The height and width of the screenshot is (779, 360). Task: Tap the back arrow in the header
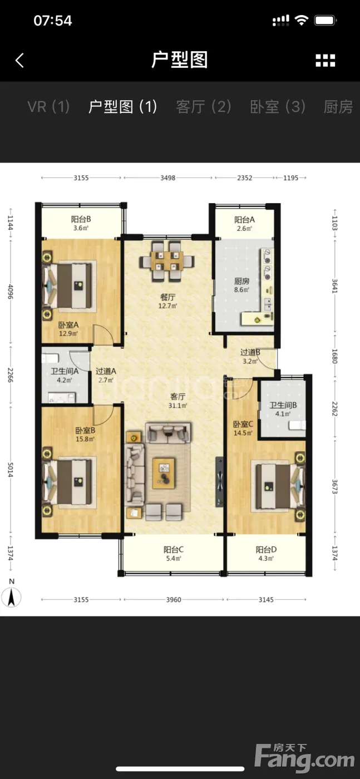(20, 60)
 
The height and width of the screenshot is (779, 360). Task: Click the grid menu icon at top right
(325, 61)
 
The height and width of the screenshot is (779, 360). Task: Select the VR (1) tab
(48, 106)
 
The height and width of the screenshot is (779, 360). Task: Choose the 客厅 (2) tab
(204, 106)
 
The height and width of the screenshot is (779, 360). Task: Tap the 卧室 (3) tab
(278, 106)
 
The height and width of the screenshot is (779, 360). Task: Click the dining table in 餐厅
(167, 261)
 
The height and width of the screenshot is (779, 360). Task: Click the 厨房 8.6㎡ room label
(241, 285)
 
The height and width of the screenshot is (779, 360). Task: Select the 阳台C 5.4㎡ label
(173, 554)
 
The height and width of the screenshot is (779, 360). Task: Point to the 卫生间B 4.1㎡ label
(283, 409)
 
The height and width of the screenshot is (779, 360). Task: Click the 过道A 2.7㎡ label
(106, 375)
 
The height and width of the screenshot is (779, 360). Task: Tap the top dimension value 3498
(167, 178)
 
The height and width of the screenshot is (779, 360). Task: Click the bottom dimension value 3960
(173, 600)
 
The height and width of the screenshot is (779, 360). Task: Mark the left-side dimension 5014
(11, 470)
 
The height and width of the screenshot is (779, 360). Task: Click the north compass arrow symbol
(11, 597)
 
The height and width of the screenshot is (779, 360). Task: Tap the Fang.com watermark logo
(304, 757)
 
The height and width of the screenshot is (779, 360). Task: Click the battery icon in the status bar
(326, 21)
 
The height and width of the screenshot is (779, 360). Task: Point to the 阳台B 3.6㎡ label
(81, 223)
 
